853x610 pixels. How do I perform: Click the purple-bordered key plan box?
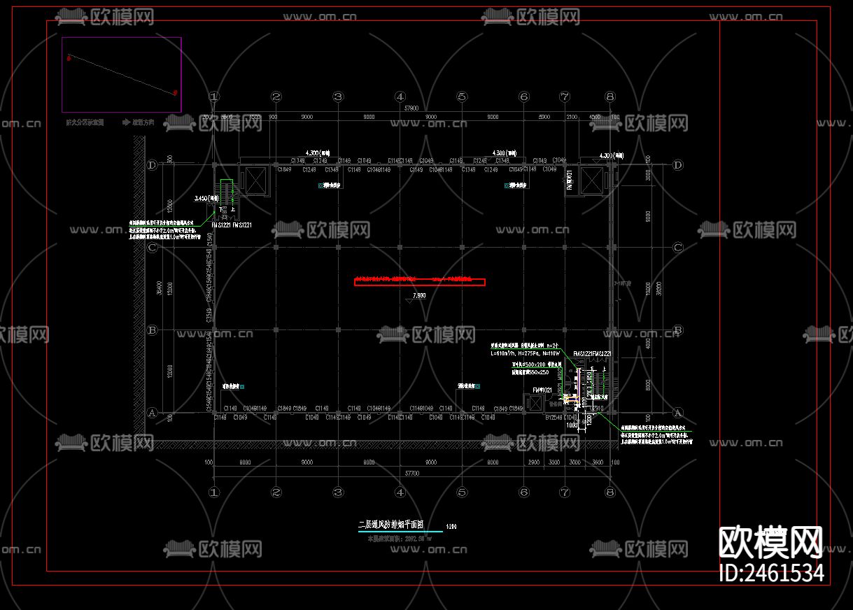coord(122,75)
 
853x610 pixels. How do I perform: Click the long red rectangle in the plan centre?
coord(420,282)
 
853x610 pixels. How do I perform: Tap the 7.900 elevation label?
coord(419,296)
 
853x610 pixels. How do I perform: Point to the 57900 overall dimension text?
coord(411,108)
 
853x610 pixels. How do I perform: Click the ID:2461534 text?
coord(771,574)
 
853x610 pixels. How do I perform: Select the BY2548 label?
coord(554,418)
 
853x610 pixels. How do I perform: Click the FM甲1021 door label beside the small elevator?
coord(542,390)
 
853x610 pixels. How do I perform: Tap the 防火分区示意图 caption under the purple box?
coord(85,122)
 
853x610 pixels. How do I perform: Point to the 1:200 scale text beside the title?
coord(451,526)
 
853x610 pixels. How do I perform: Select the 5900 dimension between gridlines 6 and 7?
coord(544,117)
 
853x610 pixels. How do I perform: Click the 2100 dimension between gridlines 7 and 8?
coord(572,117)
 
